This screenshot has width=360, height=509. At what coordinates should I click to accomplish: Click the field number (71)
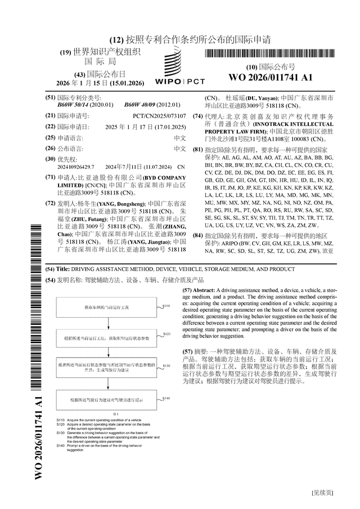click(x=50, y=177)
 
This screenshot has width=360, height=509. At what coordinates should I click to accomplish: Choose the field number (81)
click(x=197, y=150)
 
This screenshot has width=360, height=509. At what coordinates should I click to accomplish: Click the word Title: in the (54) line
click(x=63, y=269)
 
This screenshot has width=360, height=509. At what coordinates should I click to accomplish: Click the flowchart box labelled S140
click(x=110, y=400)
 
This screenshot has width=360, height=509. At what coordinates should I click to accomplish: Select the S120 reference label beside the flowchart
click(x=166, y=334)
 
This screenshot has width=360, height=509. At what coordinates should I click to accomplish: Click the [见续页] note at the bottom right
click(x=322, y=493)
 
